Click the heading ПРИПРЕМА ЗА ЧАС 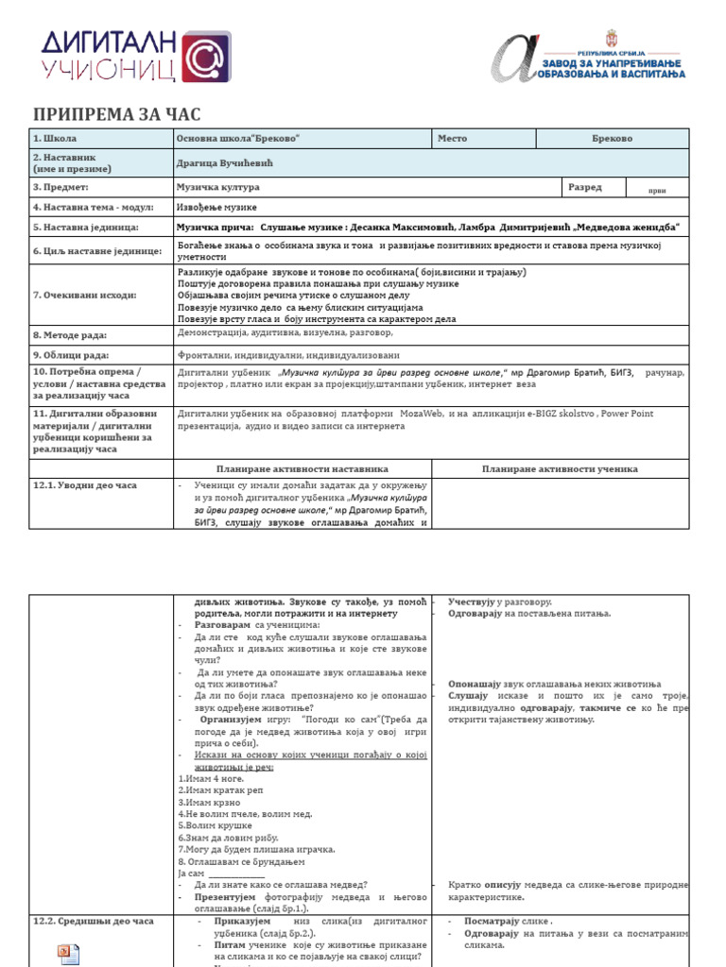tap(117, 114)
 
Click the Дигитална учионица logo tap(133, 55)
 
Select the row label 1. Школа tap(55, 139)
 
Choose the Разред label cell tap(584, 187)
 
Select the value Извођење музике tap(216, 207)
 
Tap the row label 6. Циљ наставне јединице tap(97, 250)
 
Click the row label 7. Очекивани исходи tap(84, 295)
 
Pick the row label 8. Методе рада tap(70, 334)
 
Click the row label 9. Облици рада tap(71, 355)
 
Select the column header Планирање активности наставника tap(302, 468)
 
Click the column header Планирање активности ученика tap(560, 468)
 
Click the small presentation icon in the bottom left tap(69, 954)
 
